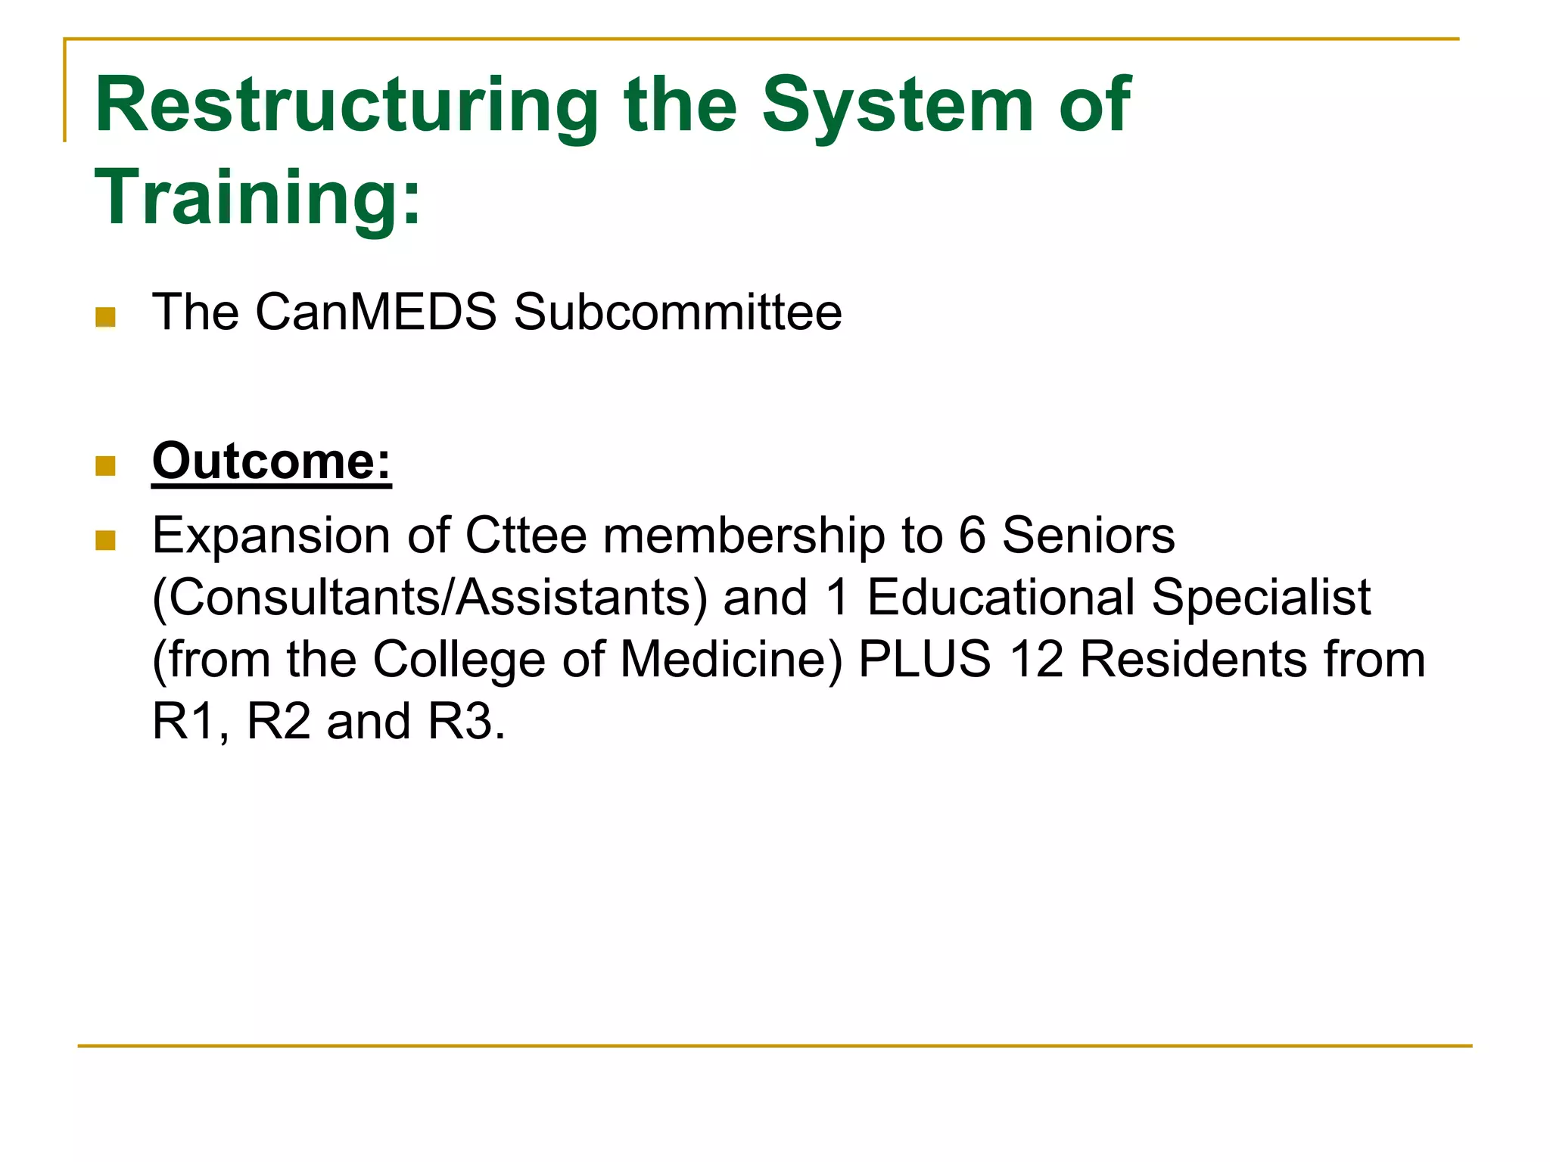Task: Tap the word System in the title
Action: pyautogui.click(x=898, y=106)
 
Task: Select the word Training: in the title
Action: pyautogui.click(x=257, y=198)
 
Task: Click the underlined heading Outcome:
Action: pyautogui.click(x=272, y=461)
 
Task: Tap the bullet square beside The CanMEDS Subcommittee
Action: pyautogui.click(x=105, y=316)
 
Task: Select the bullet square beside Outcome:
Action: pyautogui.click(x=105, y=465)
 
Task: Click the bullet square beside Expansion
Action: pyautogui.click(x=105, y=539)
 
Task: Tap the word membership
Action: pyautogui.click(x=744, y=536)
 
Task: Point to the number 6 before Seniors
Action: pyautogui.click(x=972, y=535)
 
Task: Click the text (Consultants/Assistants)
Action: pyautogui.click(x=430, y=598)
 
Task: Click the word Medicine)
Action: pyautogui.click(x=731, y=659)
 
